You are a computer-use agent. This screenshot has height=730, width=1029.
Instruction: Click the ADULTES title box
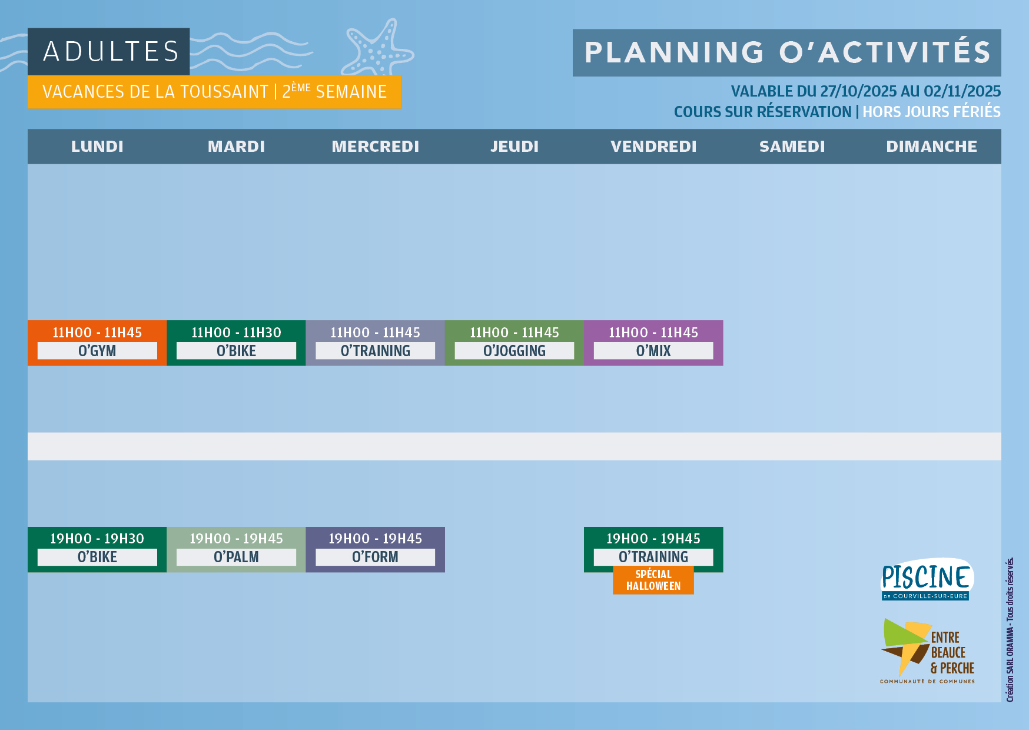point(108,51)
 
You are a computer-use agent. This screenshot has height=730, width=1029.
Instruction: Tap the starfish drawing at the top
point(378,49)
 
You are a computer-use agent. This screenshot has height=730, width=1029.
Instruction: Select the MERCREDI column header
point(376,147)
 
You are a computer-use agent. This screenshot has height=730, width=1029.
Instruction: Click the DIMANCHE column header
point(931,147)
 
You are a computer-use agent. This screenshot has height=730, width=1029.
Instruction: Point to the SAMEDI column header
point(792,147)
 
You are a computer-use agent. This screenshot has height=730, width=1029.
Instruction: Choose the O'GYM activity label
point(97,351)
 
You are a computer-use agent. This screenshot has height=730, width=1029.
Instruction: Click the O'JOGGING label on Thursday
point(514,351)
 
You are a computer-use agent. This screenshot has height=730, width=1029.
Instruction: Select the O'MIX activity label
point(653,351)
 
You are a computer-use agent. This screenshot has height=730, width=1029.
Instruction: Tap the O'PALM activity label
point(236,557)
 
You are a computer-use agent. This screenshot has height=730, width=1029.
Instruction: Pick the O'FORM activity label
point(375,557)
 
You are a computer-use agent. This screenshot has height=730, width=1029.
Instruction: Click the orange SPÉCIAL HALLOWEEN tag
point(653,580)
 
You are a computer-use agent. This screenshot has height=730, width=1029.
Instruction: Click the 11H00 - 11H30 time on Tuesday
point(236,333)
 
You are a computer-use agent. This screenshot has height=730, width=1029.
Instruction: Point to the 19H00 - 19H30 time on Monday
point(97,539)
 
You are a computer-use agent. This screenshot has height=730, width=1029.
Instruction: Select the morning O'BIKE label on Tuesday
point(236,351)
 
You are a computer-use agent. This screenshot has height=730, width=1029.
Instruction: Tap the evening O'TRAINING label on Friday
point(653,557)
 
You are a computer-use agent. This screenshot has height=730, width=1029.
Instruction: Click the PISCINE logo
point(927,579)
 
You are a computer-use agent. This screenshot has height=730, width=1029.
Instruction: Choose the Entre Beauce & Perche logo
point(927,651)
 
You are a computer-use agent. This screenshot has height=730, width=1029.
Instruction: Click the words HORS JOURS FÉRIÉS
point(931,112)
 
